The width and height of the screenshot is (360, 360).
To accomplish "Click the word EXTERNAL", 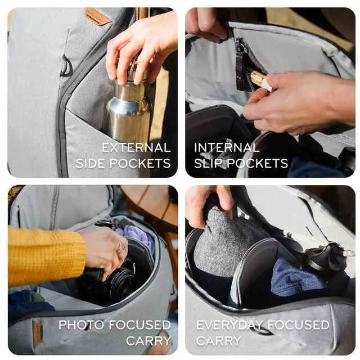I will point(136,148).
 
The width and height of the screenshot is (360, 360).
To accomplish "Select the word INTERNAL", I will point(227,148).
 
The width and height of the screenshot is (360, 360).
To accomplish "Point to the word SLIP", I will point(209,164).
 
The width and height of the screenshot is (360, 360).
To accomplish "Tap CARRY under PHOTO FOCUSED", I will point(148,341).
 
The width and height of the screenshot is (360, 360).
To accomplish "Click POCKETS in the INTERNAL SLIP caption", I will point(257,164).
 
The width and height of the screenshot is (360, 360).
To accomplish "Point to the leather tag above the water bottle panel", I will point(98,16).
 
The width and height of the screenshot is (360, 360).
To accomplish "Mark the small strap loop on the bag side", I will point(66,66).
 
